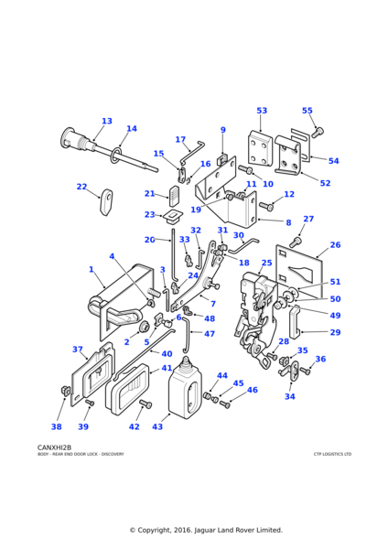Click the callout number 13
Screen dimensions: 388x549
coord(107,121)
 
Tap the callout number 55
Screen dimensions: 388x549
coord(307,111)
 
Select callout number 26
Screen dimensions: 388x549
coord(335,244)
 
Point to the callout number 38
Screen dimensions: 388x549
coord(57,426)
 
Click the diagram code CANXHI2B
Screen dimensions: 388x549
coord(54,447)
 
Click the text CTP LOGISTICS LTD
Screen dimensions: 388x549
coord(332,454)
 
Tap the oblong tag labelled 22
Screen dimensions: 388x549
coord(106,202)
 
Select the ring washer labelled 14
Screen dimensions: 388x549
coord(116,156)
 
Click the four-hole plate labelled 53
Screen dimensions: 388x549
coord(260,148)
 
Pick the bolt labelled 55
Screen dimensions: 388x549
coord(318,132)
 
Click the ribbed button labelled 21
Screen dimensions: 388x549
coord(174,196)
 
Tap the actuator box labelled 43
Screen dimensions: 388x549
coord(184,388)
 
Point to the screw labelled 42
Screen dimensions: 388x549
coord(145,404)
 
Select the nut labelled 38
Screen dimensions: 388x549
coord(65,391)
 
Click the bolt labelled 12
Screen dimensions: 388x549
coord(266,206)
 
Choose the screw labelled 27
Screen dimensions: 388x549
coord(295,242)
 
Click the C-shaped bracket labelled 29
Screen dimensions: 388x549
coord(294,320)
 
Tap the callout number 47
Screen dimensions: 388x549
coord(209,334)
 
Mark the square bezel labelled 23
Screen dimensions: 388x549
coord(173,216)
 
